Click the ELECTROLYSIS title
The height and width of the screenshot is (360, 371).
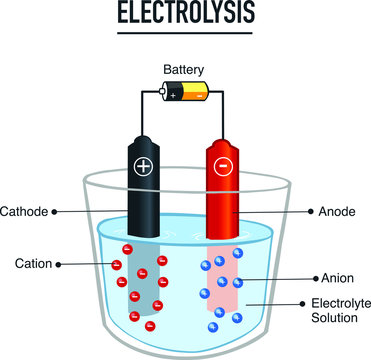pos(185,13)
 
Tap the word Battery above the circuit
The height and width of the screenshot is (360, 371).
pos(185,70)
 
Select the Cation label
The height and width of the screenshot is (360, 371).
pos(32,264)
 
